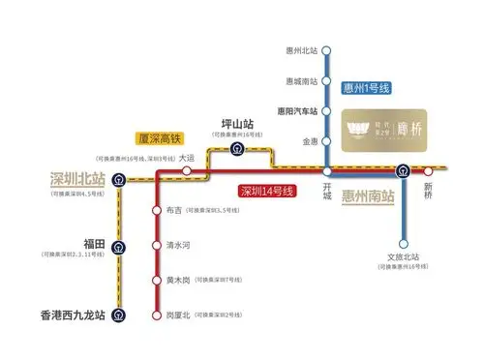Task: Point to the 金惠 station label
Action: (x=309, y=141)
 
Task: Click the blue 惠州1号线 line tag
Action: (x=368, y=89)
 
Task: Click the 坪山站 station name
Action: (x=236, y=125)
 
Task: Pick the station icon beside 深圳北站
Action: (x=118, y=179)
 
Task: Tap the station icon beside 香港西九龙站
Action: (x=118, y=315)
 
